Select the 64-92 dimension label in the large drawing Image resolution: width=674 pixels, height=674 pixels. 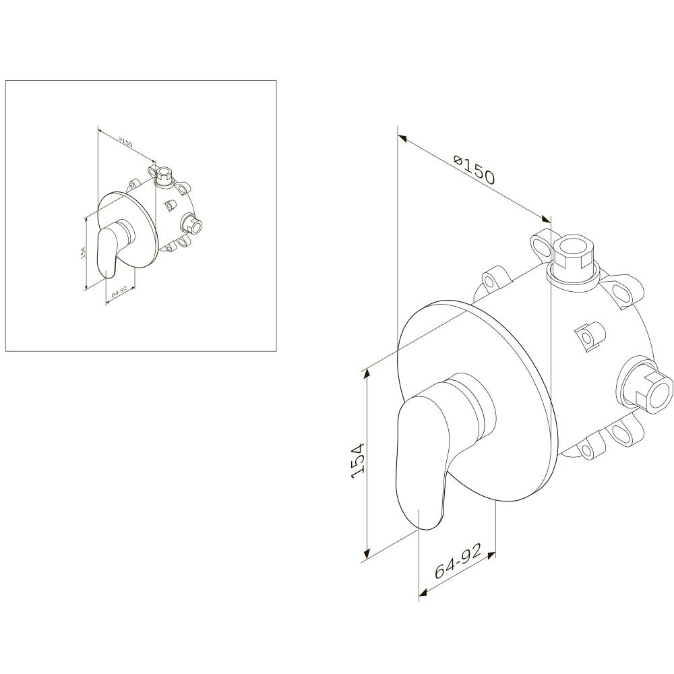458,560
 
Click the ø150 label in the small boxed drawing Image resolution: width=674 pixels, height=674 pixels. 125,142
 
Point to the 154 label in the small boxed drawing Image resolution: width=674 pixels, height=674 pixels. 83,252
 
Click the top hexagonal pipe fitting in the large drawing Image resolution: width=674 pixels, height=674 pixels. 571,260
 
